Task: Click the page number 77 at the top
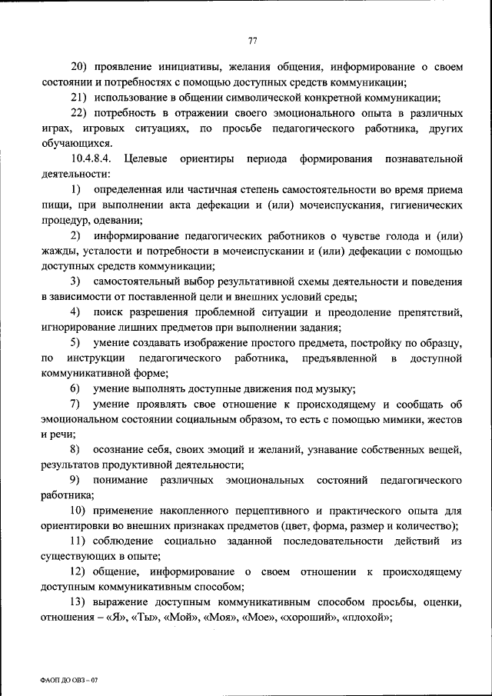click(x=252, y=41)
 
